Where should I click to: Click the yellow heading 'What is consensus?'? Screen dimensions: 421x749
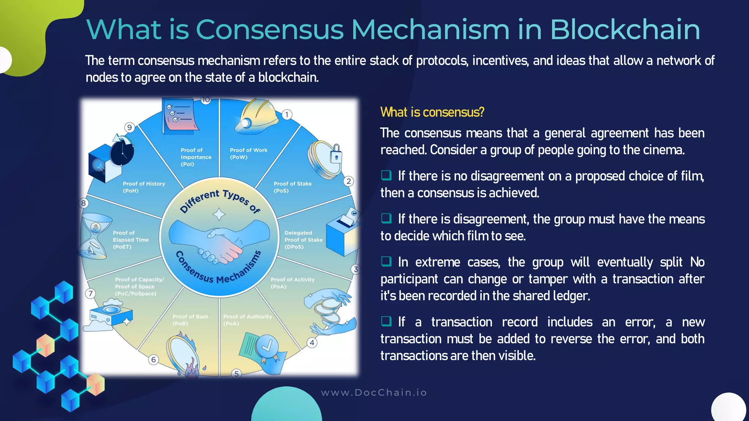[432, 112]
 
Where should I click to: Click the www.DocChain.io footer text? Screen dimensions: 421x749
[374, 392]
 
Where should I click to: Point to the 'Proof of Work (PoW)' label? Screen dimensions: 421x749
[248, 153]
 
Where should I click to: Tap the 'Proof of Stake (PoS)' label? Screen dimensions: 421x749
[292, 187]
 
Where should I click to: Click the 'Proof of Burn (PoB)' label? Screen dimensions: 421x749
[190, 320]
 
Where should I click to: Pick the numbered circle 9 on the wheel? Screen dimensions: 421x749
[129, 128]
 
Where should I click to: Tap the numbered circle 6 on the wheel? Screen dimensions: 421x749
[153, 360]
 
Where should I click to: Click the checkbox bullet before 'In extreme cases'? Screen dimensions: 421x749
[386, 262]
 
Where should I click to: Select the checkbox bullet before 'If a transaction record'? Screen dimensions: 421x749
[386, 322]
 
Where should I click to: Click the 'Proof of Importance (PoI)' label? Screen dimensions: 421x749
[196, 157]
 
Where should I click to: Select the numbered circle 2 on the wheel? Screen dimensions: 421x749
[349, 181]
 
